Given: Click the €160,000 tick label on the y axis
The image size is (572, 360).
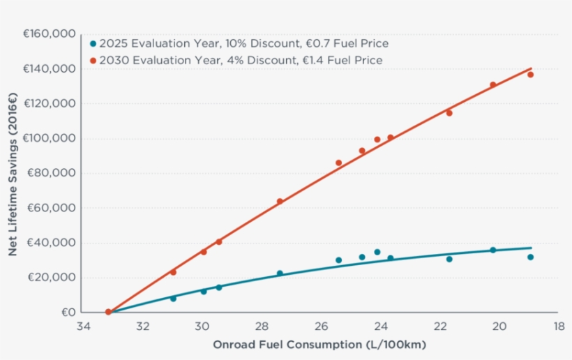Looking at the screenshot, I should tap(49, 33).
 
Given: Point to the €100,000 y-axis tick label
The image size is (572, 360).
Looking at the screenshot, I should tap(49, 138).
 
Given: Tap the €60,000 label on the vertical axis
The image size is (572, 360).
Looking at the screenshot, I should tap(52, 208).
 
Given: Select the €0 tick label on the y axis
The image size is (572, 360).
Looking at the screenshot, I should tap(68, 313).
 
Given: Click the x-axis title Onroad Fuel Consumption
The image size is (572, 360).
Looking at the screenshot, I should tap(319, 345).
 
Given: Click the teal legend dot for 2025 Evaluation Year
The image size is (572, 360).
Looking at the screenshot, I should tap(93, 43).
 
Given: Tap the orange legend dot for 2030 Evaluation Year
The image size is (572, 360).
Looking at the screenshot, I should tap(93, 61).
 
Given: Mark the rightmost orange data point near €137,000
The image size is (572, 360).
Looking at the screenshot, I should tap(530, 75).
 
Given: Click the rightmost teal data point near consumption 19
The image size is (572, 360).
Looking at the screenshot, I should tap(530, 257).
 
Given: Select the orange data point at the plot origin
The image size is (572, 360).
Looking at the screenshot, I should tap(108, 312).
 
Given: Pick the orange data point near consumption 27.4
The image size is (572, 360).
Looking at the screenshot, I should tap(280, 202).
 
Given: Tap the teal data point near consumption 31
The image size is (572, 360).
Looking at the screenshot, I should tap(173, 298).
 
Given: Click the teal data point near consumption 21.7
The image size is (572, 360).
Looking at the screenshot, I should tap(449, 259).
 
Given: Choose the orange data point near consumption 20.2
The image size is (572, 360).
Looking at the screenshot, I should tap(492, 85).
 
